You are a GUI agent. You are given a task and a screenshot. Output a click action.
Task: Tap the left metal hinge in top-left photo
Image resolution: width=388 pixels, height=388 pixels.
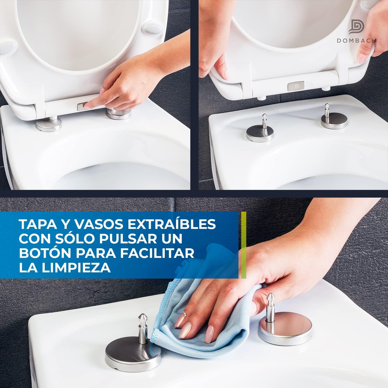[x=49, y=124]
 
